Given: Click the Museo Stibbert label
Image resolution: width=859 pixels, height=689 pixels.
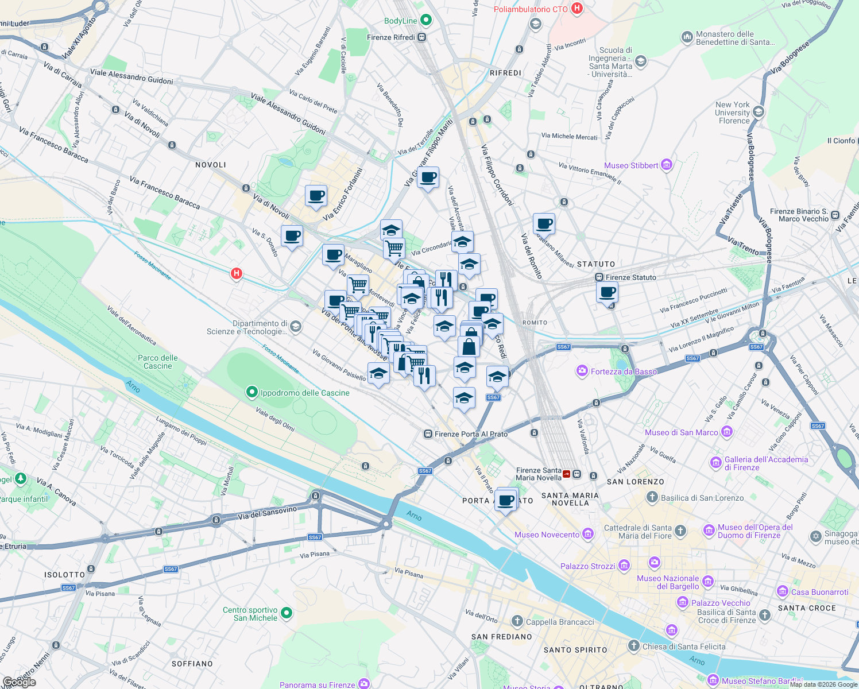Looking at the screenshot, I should pyautogui.click(x=631, y=165).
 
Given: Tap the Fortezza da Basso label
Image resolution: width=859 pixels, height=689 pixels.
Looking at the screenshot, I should pyautogui.click(x=624, y=371).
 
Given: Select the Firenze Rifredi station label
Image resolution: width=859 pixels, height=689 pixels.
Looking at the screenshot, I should pyautogui.click(x=391, y=37).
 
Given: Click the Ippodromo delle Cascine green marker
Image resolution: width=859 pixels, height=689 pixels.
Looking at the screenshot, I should pyautogui.click(x=251, y=392).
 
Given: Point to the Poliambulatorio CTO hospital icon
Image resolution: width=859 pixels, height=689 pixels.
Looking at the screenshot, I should pyautogui.click(x=578, y=9).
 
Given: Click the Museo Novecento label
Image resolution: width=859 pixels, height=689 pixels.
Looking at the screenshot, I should pyautogui.click(x=547, y=535).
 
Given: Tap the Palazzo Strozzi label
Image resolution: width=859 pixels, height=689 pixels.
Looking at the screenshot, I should pyautogui.click(x=587, y=566).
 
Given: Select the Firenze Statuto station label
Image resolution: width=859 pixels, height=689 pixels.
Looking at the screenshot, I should pyautogui.click(x=630, y=277).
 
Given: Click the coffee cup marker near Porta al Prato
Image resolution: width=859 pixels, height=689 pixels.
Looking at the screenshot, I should pyautogui.click(x=506, y=501).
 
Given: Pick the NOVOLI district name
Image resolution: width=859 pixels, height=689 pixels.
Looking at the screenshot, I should pyautogui.click(x=211, y=165).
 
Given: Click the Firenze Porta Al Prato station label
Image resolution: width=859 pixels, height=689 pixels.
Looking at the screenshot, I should pyautogui.click(x=471, y=434).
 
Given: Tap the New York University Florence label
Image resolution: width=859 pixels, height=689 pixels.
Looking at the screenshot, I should pyautogui.click(x=733, y=113).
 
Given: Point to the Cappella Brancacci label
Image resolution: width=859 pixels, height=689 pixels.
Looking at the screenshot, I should pyautogui.click(x=560, y=622).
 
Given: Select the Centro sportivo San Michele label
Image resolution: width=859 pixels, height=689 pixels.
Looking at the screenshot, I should pyautogui.click(x=250, y=614).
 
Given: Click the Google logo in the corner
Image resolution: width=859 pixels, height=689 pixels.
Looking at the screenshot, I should pyautogui.click(x=19, y=682).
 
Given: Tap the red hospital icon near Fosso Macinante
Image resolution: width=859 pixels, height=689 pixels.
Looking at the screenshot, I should pyautogui.click(x=236, y=273).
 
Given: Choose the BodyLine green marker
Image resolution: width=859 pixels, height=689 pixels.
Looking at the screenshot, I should pyautogui.click(x=425, y=21).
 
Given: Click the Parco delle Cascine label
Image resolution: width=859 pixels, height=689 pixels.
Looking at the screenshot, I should pyautogui.click(x=158, y=362).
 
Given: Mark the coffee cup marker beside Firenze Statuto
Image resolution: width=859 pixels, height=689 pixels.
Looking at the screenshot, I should pyautogui.click(x=607, y=292).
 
